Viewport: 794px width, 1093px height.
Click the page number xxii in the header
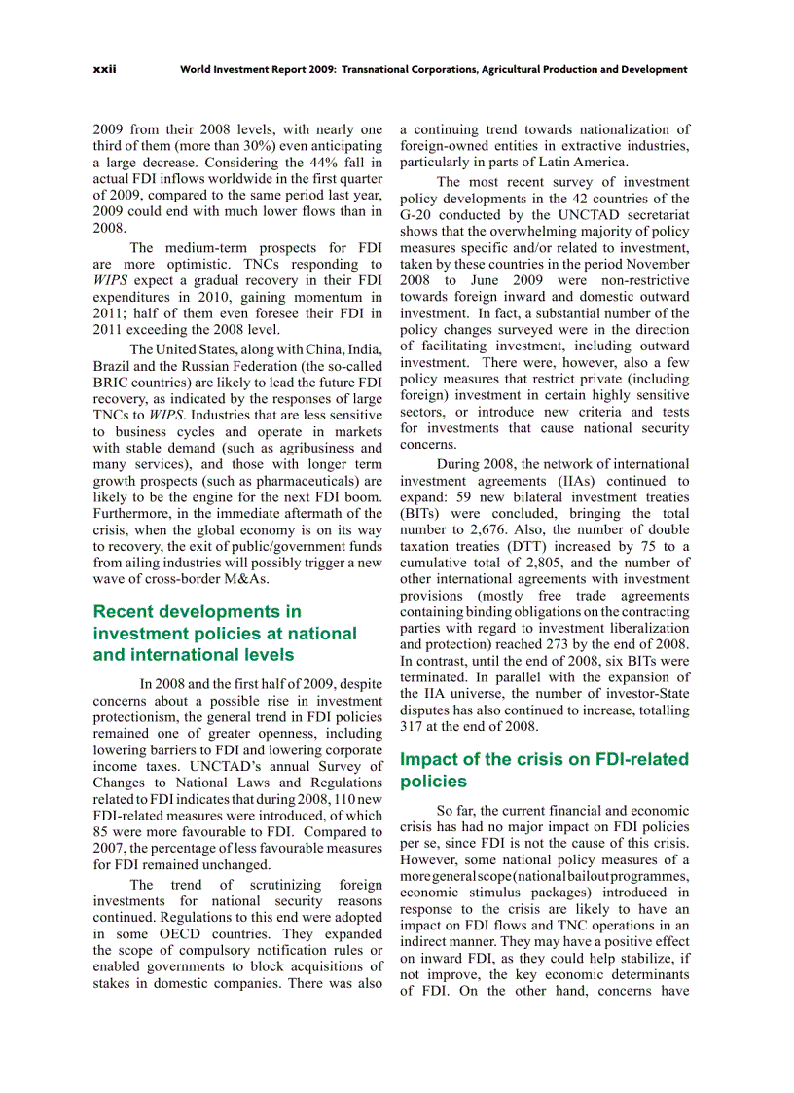pyautogui.click(x=104, y=70)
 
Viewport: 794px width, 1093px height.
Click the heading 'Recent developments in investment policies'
pyautogui.click(x=224, y=633)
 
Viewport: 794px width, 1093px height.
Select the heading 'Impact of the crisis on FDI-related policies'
pyautogui.click(x=544, y=770)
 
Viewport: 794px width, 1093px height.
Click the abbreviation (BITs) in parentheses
pyautogui.click(x=419, y=514)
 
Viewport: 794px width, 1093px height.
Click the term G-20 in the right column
pyautogui.click(x=419, y=215)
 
